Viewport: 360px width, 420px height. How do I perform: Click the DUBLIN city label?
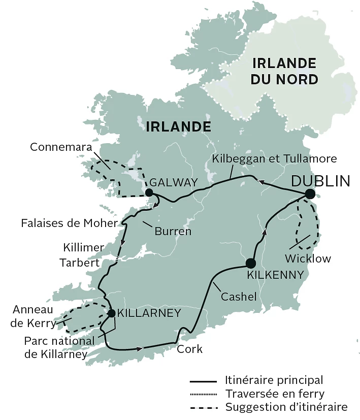(320, 181)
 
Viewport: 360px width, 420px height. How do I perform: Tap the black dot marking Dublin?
(310, 194)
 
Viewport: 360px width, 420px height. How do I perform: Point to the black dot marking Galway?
(149, 192)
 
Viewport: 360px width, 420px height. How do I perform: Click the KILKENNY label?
(275, 275)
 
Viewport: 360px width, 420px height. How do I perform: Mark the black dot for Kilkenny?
(250, 263)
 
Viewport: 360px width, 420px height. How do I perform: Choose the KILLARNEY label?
(149, 313)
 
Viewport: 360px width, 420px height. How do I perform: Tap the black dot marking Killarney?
(111, 313)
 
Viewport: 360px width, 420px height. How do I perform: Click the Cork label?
(190, 349)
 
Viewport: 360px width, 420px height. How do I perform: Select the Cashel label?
(238, 296)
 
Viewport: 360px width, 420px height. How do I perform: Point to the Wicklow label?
(308, 259)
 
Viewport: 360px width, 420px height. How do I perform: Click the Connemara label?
(60, 147)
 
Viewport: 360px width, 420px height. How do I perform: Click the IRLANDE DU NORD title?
(285, 71)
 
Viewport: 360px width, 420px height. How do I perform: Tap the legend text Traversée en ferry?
(274, 393)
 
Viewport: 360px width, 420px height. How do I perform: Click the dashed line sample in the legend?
(204, 407)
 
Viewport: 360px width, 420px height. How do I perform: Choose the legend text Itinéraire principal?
(274, 380)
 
